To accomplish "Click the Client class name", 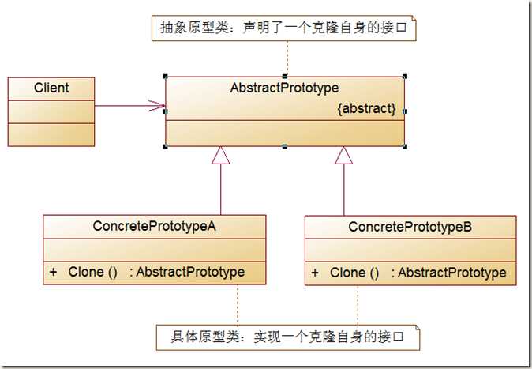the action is tap(51, 88).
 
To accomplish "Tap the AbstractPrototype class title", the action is tap(284, 88).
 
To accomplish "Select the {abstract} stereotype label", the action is tap(366, 108).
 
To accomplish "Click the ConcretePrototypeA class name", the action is tap(155, 226).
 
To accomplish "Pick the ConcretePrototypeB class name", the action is tap(410, 227).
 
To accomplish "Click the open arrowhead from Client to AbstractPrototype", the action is tap(157, 106).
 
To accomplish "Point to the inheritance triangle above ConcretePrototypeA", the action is tap(220, 156).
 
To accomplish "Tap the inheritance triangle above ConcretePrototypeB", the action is tap(343, 156).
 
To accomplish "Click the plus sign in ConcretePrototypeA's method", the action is tap(53, 272).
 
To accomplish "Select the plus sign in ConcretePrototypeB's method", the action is tap(315, 273).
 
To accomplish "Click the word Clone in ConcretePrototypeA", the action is tap(86, 272).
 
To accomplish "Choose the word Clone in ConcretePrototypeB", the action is tap(348, 273).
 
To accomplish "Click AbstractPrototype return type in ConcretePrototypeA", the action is tap(190, 272).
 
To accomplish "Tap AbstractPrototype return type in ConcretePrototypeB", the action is tap(452, 273).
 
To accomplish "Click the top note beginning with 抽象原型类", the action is tap(283, 28).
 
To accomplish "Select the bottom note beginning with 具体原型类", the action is tap(288, 337).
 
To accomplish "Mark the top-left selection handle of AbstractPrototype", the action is tap(166, 77).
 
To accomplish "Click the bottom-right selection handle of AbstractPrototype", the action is tap(405, 146).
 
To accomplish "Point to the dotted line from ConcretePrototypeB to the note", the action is tap(358, 305).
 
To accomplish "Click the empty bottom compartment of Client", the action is tap(51, 135).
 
